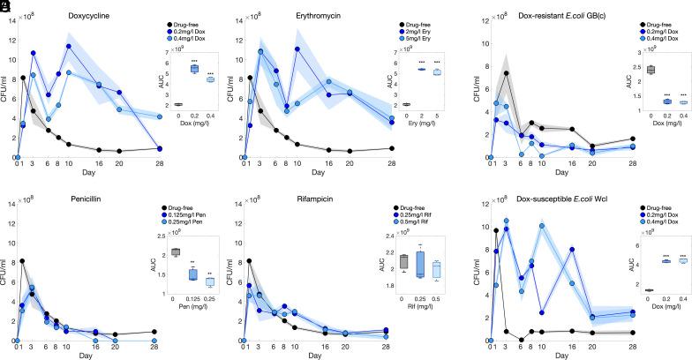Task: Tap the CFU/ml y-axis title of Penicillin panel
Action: (x=6, y=283)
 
